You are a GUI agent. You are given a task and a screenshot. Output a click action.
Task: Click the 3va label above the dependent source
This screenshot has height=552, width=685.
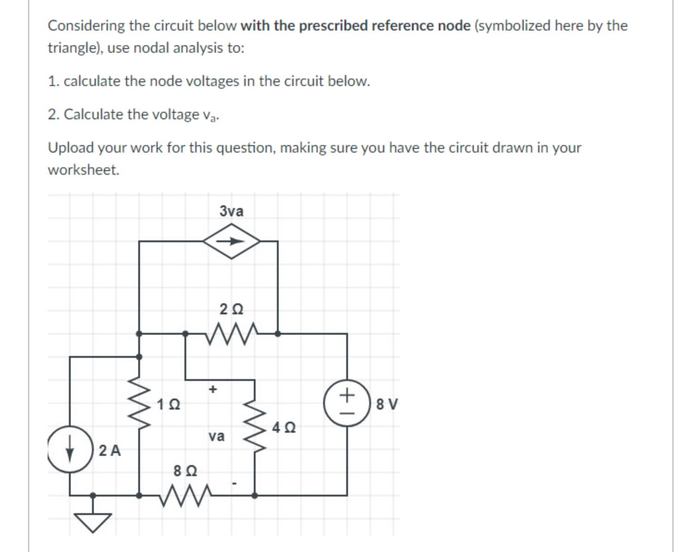click(x=231, y=211)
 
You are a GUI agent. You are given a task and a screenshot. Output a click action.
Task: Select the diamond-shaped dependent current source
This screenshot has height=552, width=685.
click(x=232, y=241)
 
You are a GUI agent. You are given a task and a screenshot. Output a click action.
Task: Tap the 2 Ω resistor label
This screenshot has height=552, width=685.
click(x=231, y=309)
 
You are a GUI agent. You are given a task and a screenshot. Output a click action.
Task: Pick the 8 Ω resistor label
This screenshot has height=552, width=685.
click(x=185, y=471)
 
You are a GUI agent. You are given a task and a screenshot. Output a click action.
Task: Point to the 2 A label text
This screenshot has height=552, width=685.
click(x=110, y=450)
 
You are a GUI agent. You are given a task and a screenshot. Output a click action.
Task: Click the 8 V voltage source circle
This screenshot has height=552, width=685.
click(x=347, y=403)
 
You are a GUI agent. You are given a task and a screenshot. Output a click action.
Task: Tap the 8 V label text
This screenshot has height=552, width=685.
click(x=386, y=405)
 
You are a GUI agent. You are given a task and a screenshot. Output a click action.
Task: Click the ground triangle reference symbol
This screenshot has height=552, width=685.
click(x=93, y=522)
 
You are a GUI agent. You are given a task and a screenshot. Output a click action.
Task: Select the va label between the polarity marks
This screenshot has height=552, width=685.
click(x=216, y=436)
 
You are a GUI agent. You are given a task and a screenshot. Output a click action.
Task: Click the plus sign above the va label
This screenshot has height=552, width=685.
click(x=213, y=389)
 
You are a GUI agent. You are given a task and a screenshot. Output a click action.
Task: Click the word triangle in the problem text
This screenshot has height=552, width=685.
click(x=69, y=48)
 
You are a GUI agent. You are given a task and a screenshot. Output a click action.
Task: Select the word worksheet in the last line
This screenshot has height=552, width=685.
click(x=83, y=170)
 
